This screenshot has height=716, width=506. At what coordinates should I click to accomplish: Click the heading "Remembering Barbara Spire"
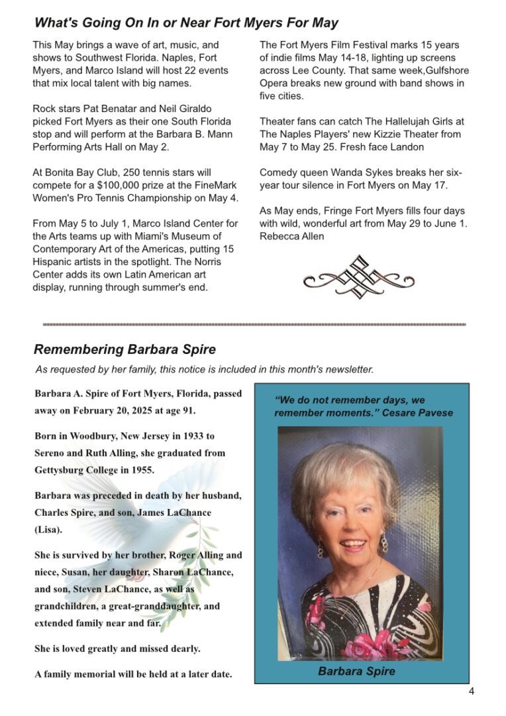[125, 349]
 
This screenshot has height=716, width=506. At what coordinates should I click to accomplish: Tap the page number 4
[472, 691]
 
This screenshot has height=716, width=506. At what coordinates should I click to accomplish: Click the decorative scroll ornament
[358, 276]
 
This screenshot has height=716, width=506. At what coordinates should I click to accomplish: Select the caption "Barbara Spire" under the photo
[356, 671]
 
